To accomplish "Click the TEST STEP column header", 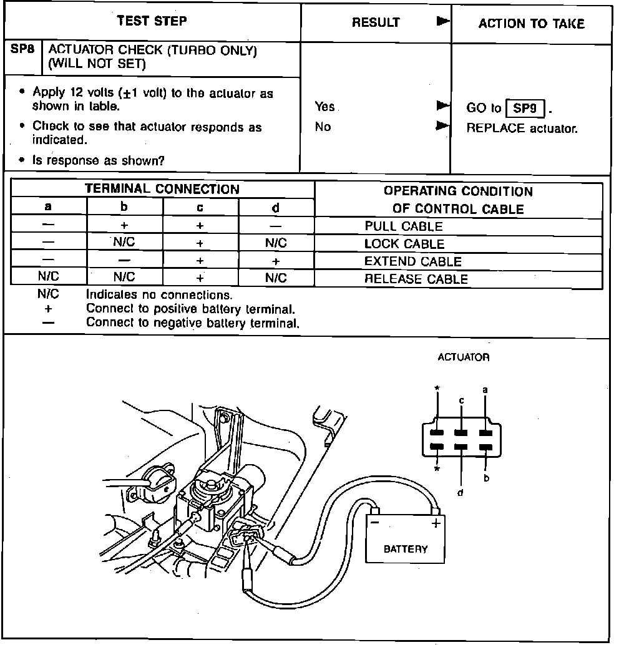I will tap(152, 21).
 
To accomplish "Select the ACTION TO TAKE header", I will tap(531, 24).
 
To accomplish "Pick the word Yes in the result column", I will tap(325, 107).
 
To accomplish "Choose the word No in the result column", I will tap(323, 127).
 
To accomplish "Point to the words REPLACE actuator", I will tap(522, 129).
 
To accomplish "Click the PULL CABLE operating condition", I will tap(404, 226).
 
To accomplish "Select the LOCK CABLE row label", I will tap(404, 244).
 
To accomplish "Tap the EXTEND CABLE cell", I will tap(412, 261).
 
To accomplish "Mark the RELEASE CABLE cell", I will tap(416, 279).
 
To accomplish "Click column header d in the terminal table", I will tap(276, 208).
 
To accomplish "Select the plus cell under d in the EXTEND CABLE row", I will tap(276, 261).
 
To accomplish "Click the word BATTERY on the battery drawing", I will tap(406, 549).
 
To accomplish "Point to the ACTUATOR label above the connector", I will tap(463, 357).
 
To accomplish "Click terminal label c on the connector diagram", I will tap(461, 400).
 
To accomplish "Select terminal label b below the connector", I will tap(485, 478).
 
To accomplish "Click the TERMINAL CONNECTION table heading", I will tap(162, 189).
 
